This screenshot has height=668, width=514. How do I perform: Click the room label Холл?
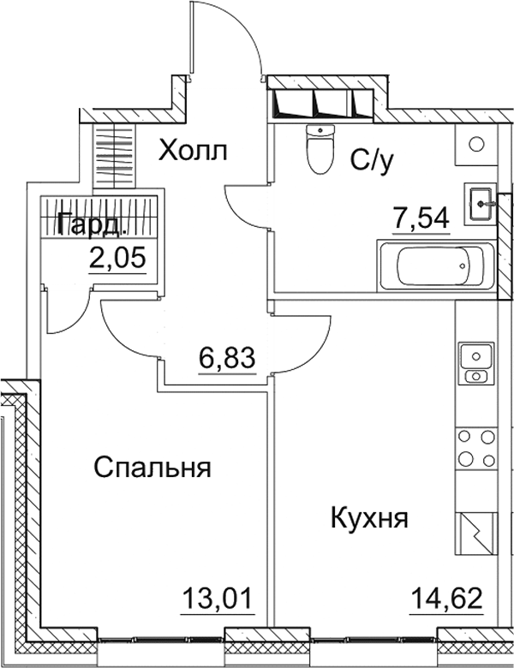[x=194, y=152]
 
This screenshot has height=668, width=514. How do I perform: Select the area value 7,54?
[x=421, y=219]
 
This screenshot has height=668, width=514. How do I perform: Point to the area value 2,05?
[x=117, y=256]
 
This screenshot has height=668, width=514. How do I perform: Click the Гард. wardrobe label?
[x=93, y=226]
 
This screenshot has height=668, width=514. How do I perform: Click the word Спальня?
[x=152, y=468]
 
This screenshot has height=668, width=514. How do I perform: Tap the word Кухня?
[x=368, y=518]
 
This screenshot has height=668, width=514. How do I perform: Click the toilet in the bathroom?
[x=319, y=149]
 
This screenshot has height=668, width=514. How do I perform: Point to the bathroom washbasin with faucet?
[x=481, y=204]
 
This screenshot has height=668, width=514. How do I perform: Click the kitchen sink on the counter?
[x=475, y=362]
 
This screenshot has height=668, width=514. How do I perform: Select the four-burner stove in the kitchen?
[x=475, y=448]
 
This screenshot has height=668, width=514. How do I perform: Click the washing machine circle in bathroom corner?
[x=476, y=144]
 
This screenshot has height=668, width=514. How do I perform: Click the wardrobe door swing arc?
[x=65, y=313]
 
